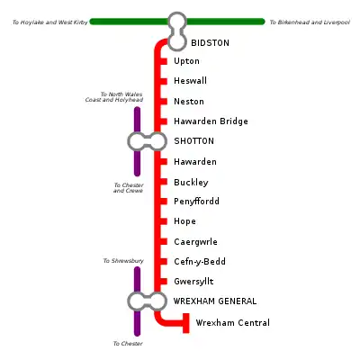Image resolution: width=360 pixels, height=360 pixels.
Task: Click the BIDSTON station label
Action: click(210, 43)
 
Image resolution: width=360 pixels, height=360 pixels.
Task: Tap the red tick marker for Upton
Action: click(163, 61)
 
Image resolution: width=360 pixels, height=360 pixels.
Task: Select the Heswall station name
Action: click(190, 81)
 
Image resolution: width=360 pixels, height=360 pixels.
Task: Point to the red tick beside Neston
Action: click(163, 102)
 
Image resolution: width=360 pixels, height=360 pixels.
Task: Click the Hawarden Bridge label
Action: click(211, 121)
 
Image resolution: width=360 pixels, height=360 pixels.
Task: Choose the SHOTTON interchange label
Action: click(194, 141)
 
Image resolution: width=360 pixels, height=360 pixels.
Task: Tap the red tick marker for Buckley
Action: click(163, 182)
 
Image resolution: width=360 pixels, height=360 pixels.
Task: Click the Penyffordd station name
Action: click(196, 202)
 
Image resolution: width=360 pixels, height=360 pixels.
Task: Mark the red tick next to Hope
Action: click(163, 221)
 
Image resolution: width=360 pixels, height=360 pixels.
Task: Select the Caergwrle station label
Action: click(195, 242)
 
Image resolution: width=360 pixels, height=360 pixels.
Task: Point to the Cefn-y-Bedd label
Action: click(200, 262)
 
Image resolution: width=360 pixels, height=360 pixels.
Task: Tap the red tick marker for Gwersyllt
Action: click(163, 282)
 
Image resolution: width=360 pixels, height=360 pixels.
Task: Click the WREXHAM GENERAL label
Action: click(215, 301)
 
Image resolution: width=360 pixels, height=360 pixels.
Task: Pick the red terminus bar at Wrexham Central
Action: click(186, 323)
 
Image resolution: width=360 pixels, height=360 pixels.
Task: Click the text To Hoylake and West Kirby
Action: click(50, 22)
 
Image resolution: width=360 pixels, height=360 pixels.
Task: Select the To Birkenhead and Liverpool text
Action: click(310, 22)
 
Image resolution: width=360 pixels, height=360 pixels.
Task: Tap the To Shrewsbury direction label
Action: click(123, 261)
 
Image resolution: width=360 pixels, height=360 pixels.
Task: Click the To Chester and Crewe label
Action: click(129, 188)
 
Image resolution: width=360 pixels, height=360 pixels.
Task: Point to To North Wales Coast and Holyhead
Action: click(114, 97)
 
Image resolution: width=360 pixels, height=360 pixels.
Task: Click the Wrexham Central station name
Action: click(233, 323)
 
